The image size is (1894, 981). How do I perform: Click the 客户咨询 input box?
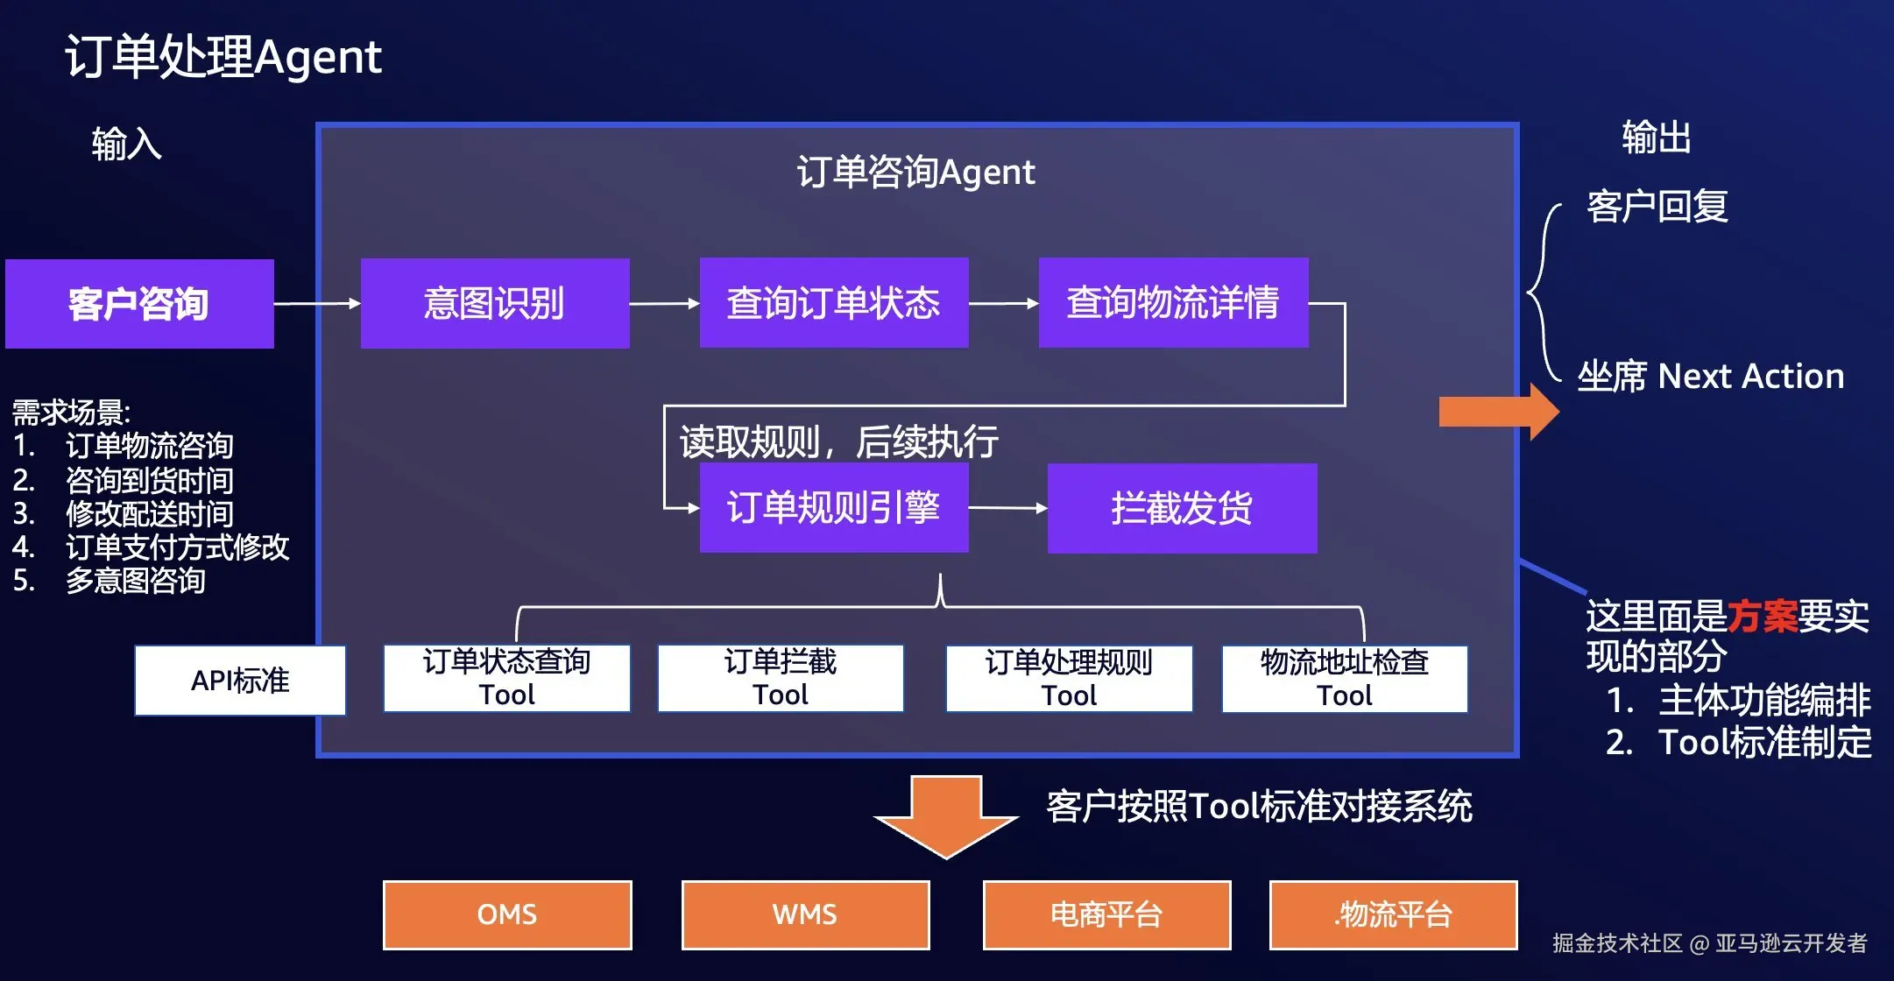(x=139, y=304)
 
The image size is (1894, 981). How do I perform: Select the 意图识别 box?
(x=495, y=304)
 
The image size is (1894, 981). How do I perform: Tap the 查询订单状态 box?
(x=834, y=303)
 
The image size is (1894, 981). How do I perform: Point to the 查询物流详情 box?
(x=1173, y=303)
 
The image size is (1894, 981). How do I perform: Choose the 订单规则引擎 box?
(x=834, y=508)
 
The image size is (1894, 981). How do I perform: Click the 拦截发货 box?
(x=1182, y=508)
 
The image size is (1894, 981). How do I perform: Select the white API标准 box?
(x=240, y=681)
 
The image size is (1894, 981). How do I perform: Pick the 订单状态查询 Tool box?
(x=506, y=679)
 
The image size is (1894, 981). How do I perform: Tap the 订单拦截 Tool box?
(x=781, y=679)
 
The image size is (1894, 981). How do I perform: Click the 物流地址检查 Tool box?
(x=1345, y=679)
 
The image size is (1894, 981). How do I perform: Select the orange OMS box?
(x=507, y=915)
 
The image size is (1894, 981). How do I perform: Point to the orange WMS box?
(x=805, y=915)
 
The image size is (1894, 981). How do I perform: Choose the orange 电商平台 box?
(x=1106, y=915)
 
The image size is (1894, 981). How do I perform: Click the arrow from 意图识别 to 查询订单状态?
(x=664, y=304)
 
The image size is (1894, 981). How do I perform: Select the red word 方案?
(x=1762, y=617)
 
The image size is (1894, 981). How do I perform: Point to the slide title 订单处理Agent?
(x=223, y=58)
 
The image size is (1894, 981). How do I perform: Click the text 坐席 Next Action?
(x=1711, y=377)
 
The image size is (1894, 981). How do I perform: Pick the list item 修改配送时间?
(x=149, y=514)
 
